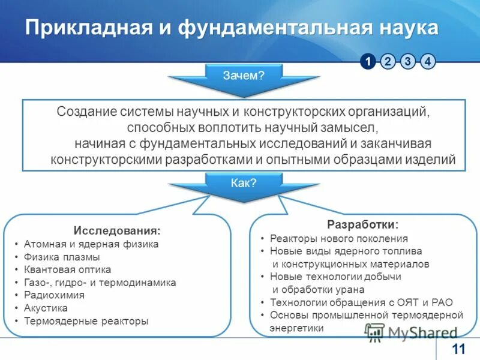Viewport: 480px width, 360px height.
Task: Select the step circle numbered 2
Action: click(x=388, y=61)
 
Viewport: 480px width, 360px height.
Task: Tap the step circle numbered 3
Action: click(x=408, y=61)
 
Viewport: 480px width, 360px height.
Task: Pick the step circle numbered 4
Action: click(x=428, y=61)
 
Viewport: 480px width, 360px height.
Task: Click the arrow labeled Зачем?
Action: click(x=244, y=76)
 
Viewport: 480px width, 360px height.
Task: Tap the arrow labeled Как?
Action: click(x=244, y=184)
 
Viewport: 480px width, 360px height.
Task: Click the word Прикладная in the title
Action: click(x=84, y=28)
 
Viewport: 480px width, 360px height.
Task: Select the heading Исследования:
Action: click(x=117, y=230)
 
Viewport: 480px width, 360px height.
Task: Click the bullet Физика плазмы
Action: click(x=62, y=257)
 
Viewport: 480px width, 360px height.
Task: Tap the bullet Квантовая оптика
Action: click(x=67, y=269)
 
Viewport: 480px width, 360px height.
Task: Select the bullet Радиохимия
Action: click(x=54, y=295)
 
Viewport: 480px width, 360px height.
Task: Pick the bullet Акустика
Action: click(x=46, y=308)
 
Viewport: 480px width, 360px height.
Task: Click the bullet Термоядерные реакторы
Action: click(x=86, y=320)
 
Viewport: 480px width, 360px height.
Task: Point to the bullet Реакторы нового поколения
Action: click(x=338, y=238)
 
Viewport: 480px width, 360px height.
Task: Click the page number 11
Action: click(x=458, y=349)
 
